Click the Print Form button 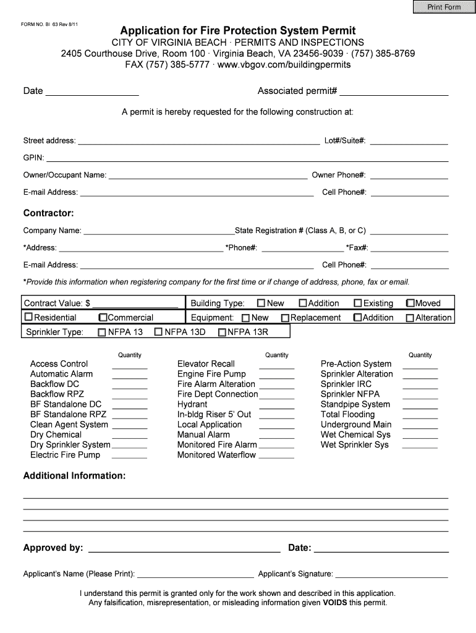pos(443,7)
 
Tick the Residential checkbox pos(28,318)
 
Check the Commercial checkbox pos(103,318)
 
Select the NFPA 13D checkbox pos(158,333)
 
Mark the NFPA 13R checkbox pos(222,333)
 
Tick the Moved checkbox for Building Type pos(410,304)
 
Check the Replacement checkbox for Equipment pos(285,318)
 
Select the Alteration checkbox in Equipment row pos(409,318)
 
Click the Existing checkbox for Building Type pos(357,304)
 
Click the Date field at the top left pos(92,91)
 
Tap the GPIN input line pos(247,158)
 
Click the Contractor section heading pos(49,213)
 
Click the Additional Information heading pos(74,476)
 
